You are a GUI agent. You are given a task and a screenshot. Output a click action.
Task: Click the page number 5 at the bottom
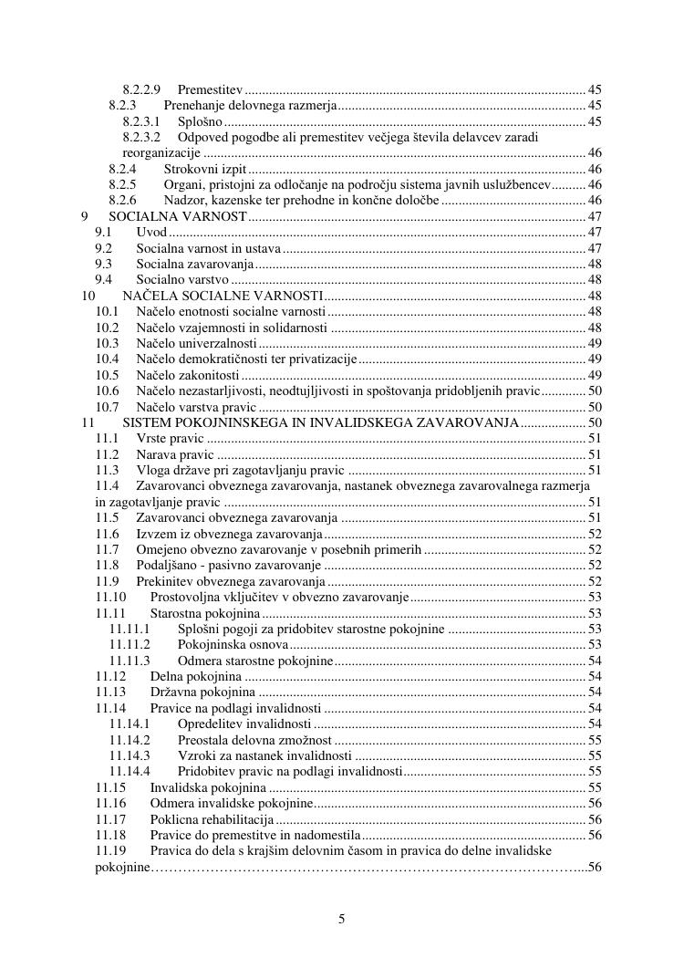point(341,919)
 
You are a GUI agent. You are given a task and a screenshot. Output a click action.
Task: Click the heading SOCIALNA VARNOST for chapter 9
point(178,216)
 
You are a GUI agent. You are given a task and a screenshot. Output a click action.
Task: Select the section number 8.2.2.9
point(141,89)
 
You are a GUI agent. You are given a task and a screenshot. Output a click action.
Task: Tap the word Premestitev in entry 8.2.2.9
point(210,89)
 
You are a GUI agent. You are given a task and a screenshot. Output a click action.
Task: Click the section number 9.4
point(103,279)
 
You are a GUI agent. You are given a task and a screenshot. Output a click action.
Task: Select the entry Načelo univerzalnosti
point(196,343)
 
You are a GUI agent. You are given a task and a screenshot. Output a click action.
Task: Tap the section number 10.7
point(108,407)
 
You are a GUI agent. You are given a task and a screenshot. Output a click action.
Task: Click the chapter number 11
point(88,423)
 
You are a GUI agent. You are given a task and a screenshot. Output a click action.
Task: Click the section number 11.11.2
point(130,644)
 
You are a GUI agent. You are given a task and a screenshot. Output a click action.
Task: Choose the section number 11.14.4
point(130,771)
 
